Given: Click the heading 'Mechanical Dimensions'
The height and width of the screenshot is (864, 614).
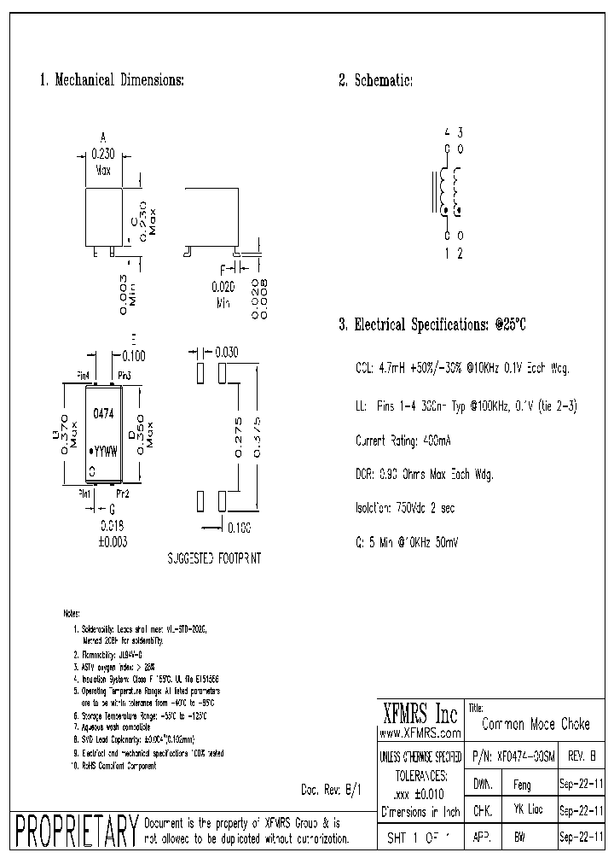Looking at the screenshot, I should pos(112,80).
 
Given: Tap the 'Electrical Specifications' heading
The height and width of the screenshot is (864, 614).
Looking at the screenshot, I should pos(432,324).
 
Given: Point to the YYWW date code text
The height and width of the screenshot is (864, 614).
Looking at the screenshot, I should pos(105,448).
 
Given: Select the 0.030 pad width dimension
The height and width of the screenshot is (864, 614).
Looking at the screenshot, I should pos(227,352).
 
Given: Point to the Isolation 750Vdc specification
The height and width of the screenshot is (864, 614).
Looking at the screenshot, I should pos(405,508).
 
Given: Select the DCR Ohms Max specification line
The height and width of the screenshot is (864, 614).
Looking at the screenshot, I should pos(424,474).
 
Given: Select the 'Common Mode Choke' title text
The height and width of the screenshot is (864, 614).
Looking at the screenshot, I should pos(536,724).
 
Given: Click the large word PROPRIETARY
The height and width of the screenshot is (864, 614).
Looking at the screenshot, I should pos(77,831).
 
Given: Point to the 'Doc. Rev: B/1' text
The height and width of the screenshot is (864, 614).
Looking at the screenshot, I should pos(332,790).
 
